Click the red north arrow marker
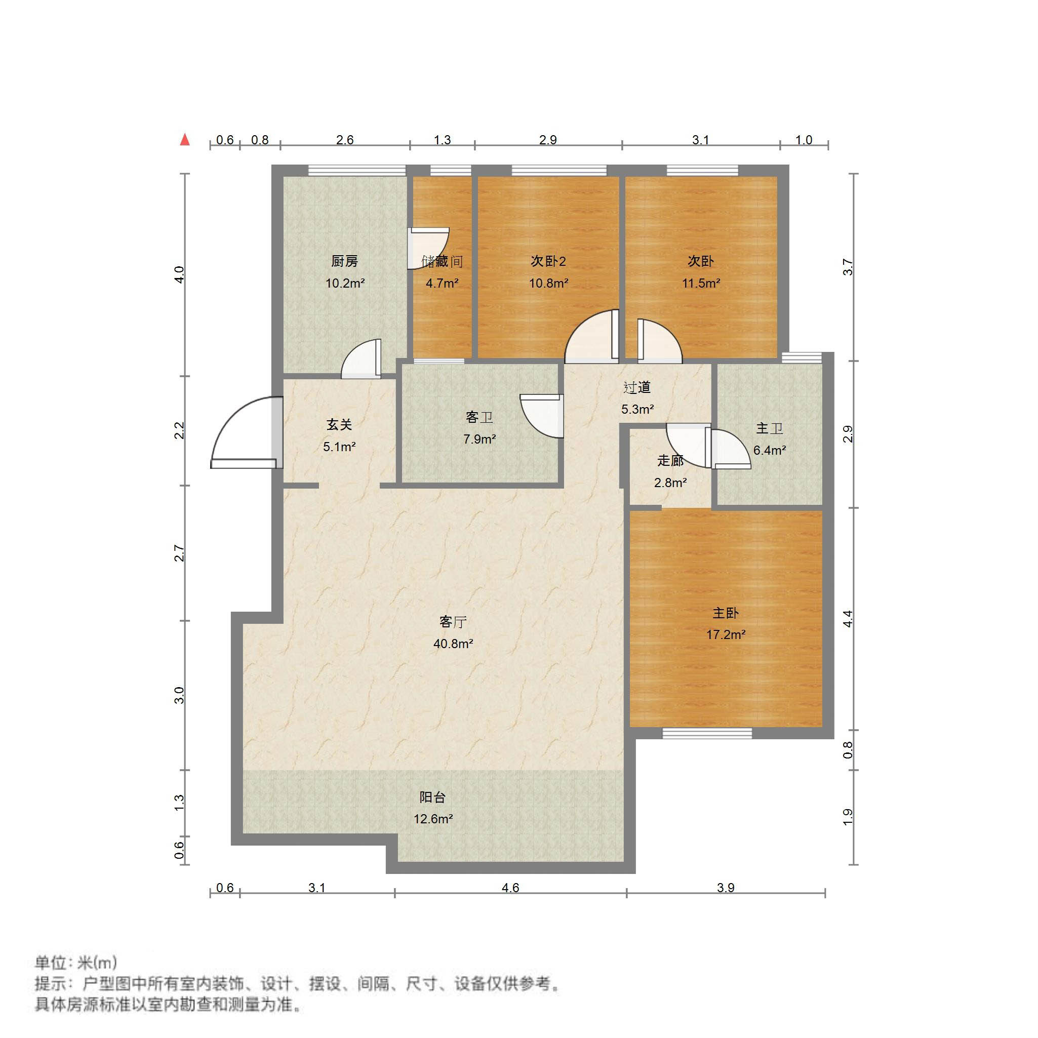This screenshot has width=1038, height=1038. click(x=185, y=140)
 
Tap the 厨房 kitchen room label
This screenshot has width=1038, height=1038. click(x=344, y=261)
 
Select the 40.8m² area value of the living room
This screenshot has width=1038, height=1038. click(x=453, y=644)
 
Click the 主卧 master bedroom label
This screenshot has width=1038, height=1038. click(x=725, y=613)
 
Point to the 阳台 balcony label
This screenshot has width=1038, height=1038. click(x=432, y=797)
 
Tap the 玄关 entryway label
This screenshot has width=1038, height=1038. click(x=339, y=425)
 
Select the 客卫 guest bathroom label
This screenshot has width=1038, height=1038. click(x=479, y=417)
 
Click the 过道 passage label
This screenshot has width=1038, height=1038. click(x=637, y=387)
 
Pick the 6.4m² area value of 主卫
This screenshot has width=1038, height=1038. click(x=769, y=450)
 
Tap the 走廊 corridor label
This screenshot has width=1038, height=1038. click(x=670, y=460)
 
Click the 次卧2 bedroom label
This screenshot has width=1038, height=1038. click(x=548, y=261)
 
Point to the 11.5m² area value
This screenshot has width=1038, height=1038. click(x=701, y=283)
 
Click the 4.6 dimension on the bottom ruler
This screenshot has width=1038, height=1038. click(x=510, y=888)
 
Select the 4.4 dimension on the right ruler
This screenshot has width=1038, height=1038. click(x=848, y=619)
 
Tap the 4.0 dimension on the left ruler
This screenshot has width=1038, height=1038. click(x=180, y=274)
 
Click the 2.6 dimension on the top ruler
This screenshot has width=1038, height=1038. click(x=344, y=140)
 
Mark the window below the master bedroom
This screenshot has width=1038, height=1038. click(x=706, y=733)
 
